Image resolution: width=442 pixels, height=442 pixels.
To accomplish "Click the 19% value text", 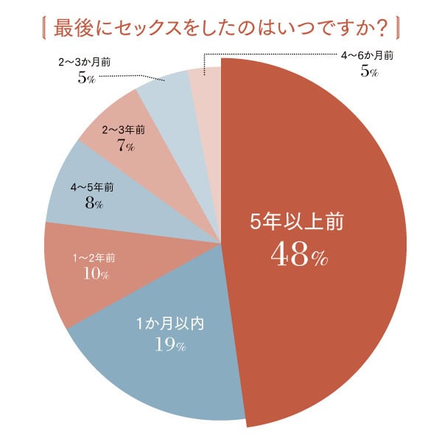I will coord(169,343).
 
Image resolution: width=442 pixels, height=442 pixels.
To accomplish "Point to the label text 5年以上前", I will coord(297,222).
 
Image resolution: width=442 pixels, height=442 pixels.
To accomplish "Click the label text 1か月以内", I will coord(169,322).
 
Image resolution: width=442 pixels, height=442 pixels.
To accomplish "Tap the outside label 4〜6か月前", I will coord(367,57).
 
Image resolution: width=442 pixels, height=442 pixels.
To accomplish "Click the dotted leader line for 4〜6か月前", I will coord(273,54).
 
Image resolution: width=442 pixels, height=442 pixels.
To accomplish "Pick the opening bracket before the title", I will coord(48,29).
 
